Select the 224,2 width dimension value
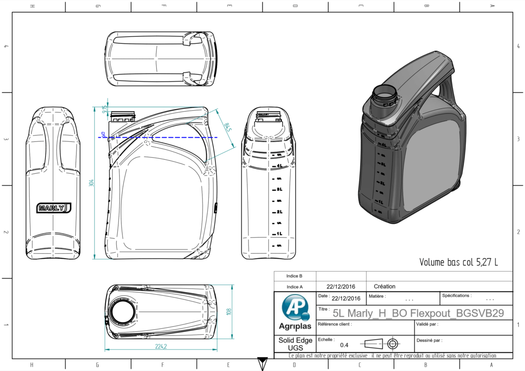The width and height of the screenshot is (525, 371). click(x=161, y=346)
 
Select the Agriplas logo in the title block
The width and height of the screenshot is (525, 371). click(x=295, y=312)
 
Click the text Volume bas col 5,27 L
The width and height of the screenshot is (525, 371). click(x=458, y=262)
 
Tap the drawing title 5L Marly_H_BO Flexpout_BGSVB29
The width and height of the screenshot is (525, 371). click(x=418, y=313)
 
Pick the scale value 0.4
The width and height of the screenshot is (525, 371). click(x=344, y=345)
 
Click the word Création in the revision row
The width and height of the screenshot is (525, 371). click(x=385, y=287)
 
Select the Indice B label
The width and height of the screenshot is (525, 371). click(x=294, y=276)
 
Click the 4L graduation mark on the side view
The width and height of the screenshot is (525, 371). click(x=280, y=166)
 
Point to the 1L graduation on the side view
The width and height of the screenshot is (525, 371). click(x=280, y=234)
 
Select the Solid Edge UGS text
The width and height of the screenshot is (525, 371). click(x=295, y=344)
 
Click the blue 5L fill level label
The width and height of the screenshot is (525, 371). click(x=103, y=134)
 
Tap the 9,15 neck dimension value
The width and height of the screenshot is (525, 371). click(x=104, y=109)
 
